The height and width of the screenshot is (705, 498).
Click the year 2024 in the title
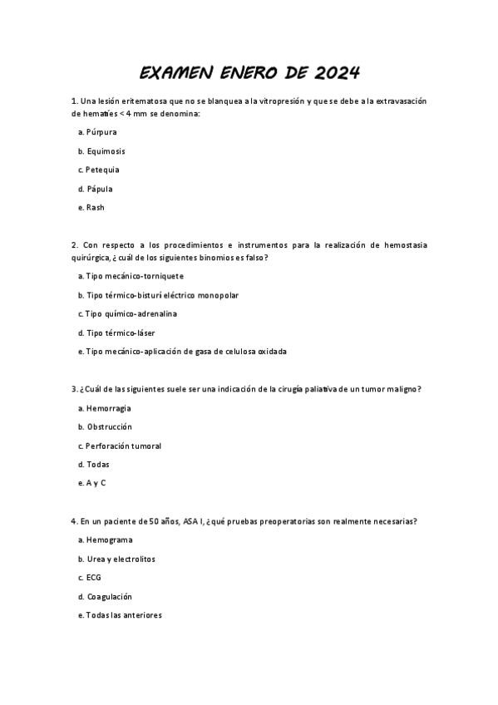337,73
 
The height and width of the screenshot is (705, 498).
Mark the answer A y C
91,483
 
